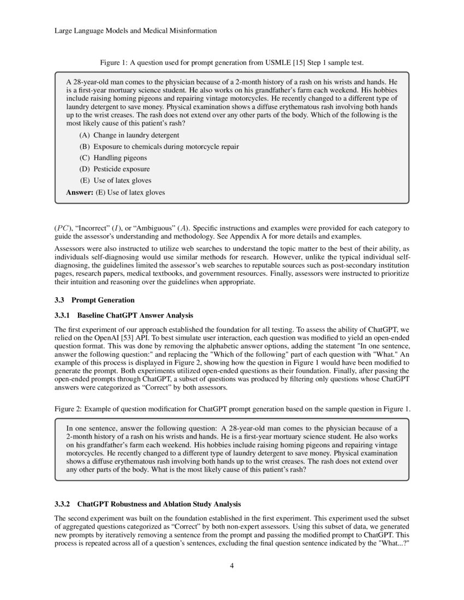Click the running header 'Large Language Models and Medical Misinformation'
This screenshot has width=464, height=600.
[136, 31]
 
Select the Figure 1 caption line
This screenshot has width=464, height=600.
[231, 63]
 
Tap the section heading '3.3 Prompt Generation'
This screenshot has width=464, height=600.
[94, 300]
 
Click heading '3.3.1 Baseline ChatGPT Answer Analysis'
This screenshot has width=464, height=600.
[123, 315]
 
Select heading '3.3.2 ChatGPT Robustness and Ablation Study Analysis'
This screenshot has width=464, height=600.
[147, 503]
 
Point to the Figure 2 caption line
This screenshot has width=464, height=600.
[231, 410]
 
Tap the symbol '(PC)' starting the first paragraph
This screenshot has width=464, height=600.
[62, 227]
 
